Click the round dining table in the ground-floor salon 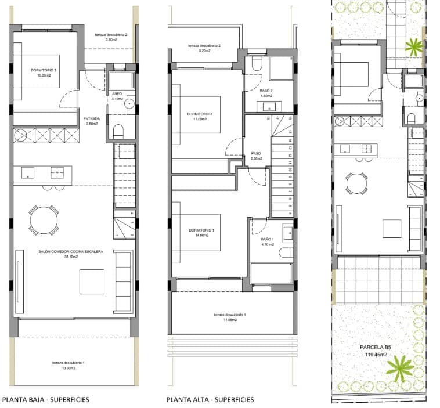click(x=44, y=219)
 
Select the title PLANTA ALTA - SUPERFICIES click(x=210, y=400)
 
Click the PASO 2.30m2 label click(x=256, y=156)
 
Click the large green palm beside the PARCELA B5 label click(x=400, y=368)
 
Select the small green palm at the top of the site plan click(x=413, y=46)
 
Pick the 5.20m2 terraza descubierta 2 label click(x=204, y=48)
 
